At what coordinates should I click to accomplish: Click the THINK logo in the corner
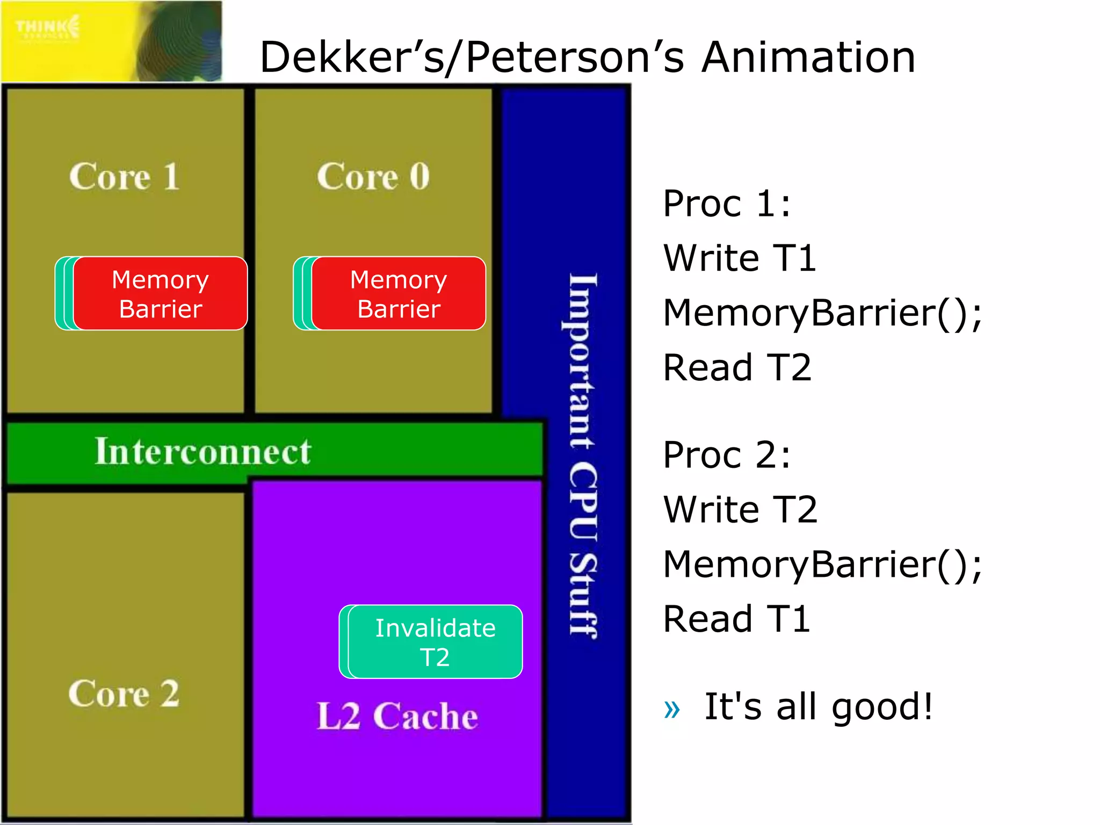tap(48, 27)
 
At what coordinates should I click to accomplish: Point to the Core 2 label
tap(124, 693)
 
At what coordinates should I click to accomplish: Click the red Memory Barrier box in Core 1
tap(160, 294)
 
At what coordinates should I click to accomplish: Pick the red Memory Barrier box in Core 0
tap(399, 294)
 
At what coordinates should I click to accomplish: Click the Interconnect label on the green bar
tap(202, 451)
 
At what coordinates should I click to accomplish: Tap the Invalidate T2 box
tap(435, 642)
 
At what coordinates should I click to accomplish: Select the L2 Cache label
tap(397, 716)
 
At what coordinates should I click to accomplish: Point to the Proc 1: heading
tap(727, 204)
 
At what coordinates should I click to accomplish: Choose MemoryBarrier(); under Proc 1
tap(822, 313)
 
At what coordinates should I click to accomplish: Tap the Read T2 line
tap(737, 368)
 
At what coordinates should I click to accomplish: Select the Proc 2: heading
tap(727, 455)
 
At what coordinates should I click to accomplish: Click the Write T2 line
tap(740, 509)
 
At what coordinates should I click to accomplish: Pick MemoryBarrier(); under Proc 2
tap(822, 564)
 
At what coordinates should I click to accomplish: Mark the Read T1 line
tap(736, 619)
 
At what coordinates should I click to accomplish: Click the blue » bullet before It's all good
tap(672, 709)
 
